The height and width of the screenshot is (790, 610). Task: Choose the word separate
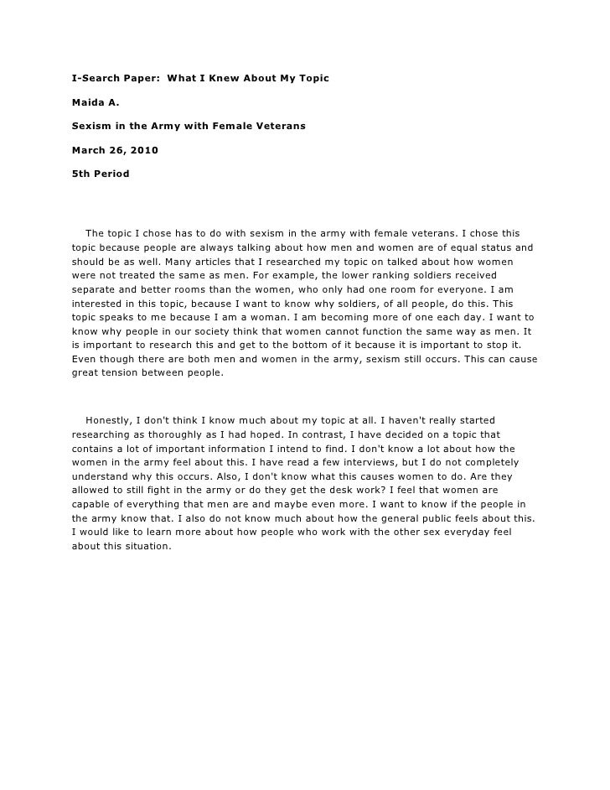tap(96, 288)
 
